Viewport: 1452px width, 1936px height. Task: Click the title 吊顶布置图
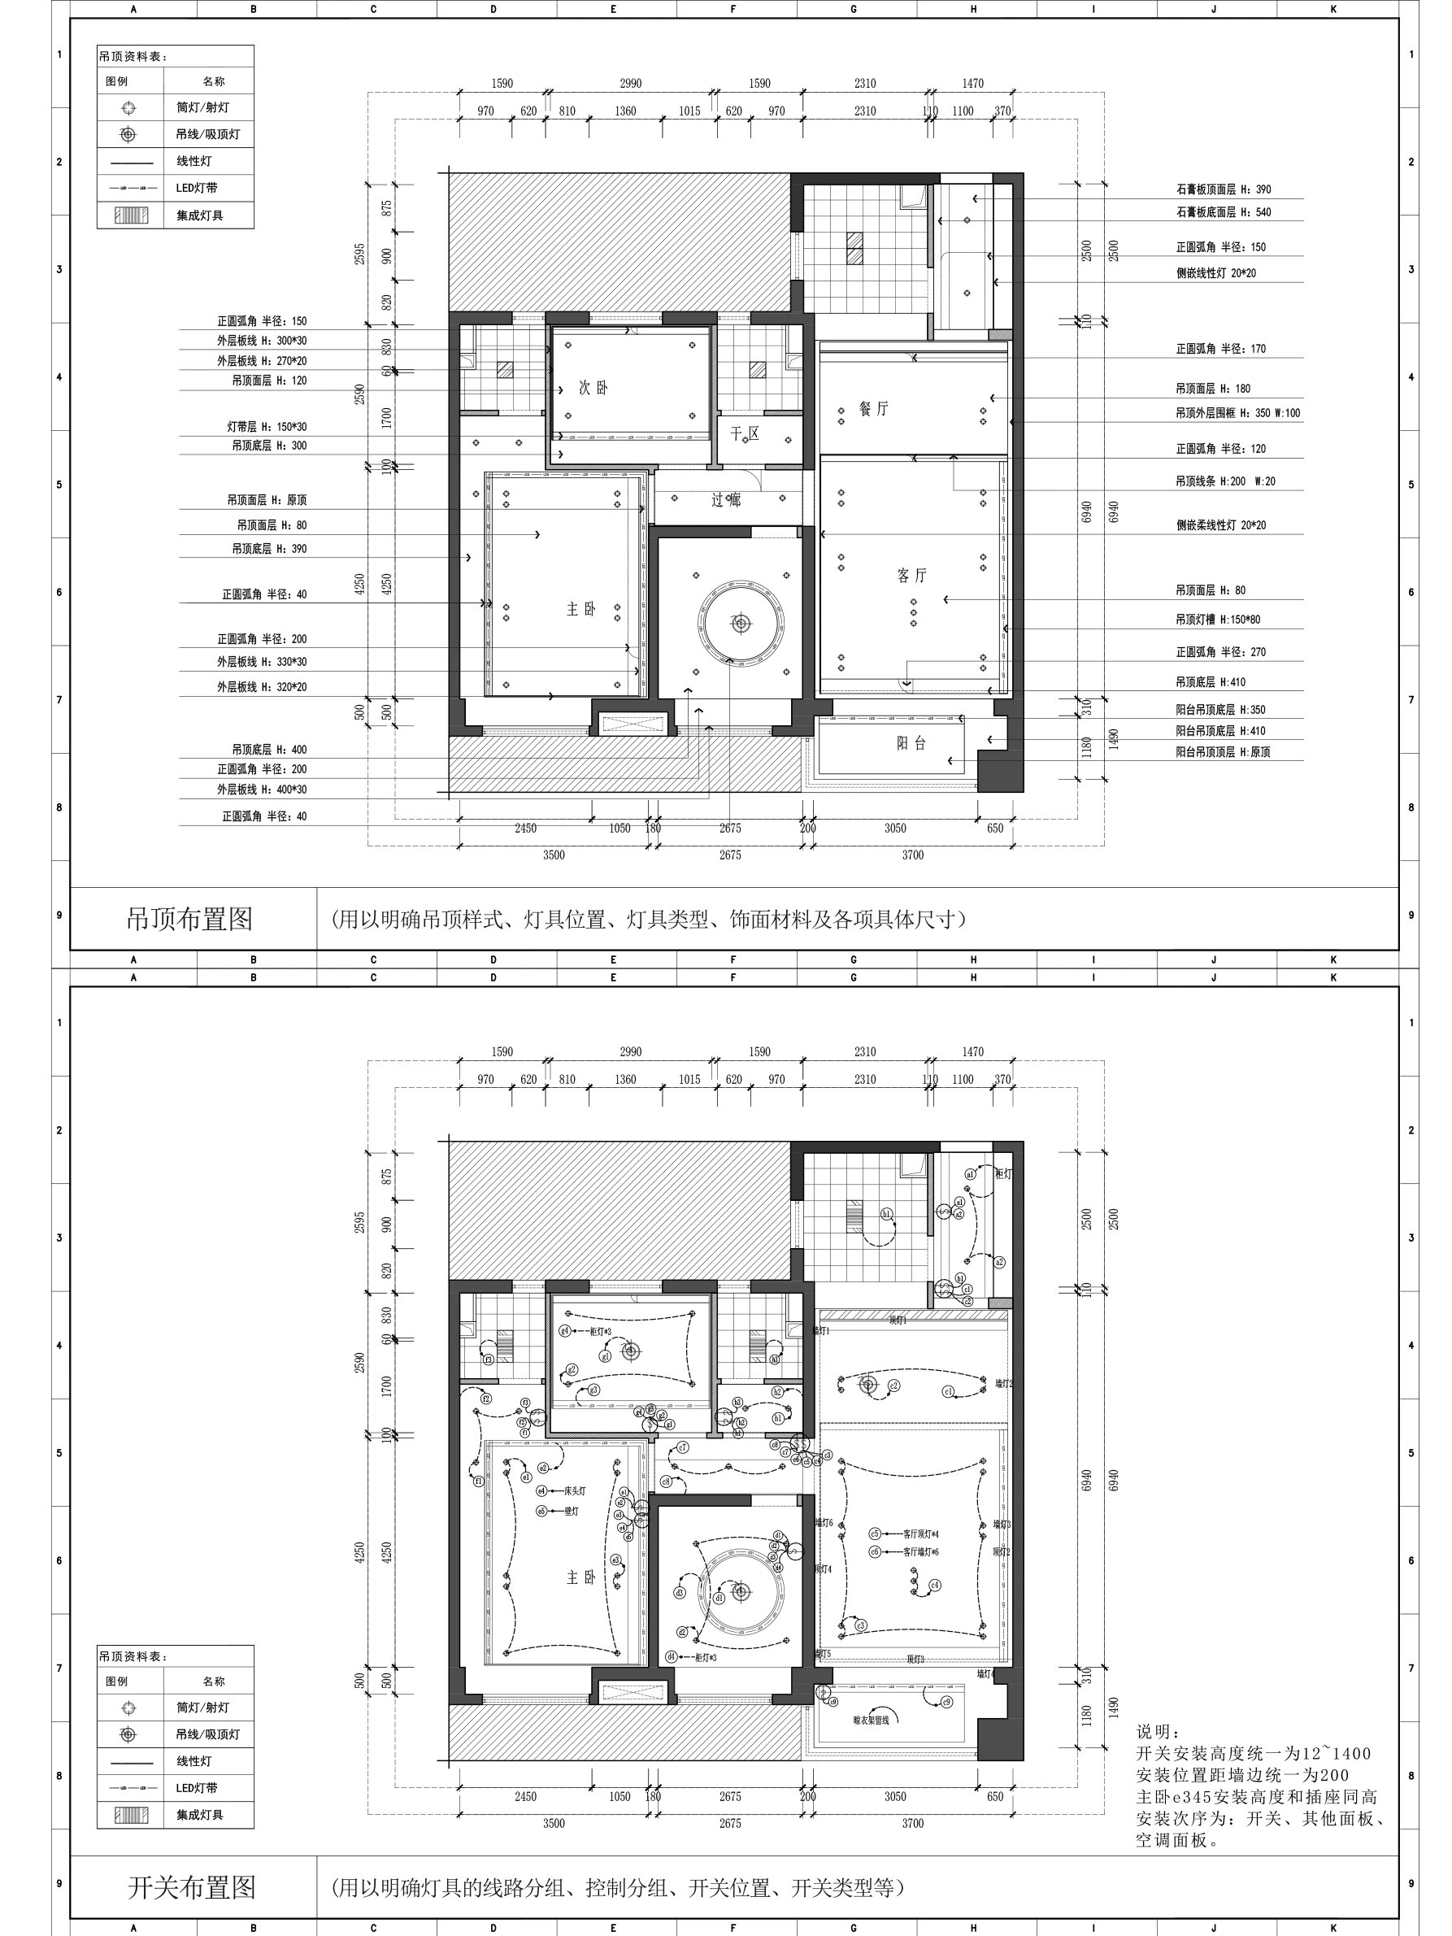coord(190,919)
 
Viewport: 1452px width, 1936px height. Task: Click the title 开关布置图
coord(192,1887)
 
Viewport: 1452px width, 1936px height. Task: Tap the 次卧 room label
coord(593,388)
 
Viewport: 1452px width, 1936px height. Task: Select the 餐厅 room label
coord(873,409)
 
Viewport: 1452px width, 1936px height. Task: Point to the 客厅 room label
coord(911,575)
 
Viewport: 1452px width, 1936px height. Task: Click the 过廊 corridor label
coord(725,500)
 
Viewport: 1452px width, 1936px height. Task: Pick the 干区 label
coord(745,433)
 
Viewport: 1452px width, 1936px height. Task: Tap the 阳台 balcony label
coord(911,743)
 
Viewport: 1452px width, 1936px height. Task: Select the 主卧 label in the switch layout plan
coord(580,1577)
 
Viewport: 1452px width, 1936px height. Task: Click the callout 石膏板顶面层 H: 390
coord(1223,189)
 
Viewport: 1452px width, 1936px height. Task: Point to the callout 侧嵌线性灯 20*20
coord(1215,273)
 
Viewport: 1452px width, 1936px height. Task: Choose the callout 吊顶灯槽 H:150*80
coord(1217,620)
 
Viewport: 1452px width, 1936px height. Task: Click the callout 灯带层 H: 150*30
coord(267,427)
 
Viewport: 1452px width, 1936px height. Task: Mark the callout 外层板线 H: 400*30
coord(262,790)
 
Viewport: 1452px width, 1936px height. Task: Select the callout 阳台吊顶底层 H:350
coord(1220,710)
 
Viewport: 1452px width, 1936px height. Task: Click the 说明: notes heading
coord(1158,1732)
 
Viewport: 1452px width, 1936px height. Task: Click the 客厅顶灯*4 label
coord(921,1534)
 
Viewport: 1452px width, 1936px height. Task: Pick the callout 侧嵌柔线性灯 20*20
coord(1220,525)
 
